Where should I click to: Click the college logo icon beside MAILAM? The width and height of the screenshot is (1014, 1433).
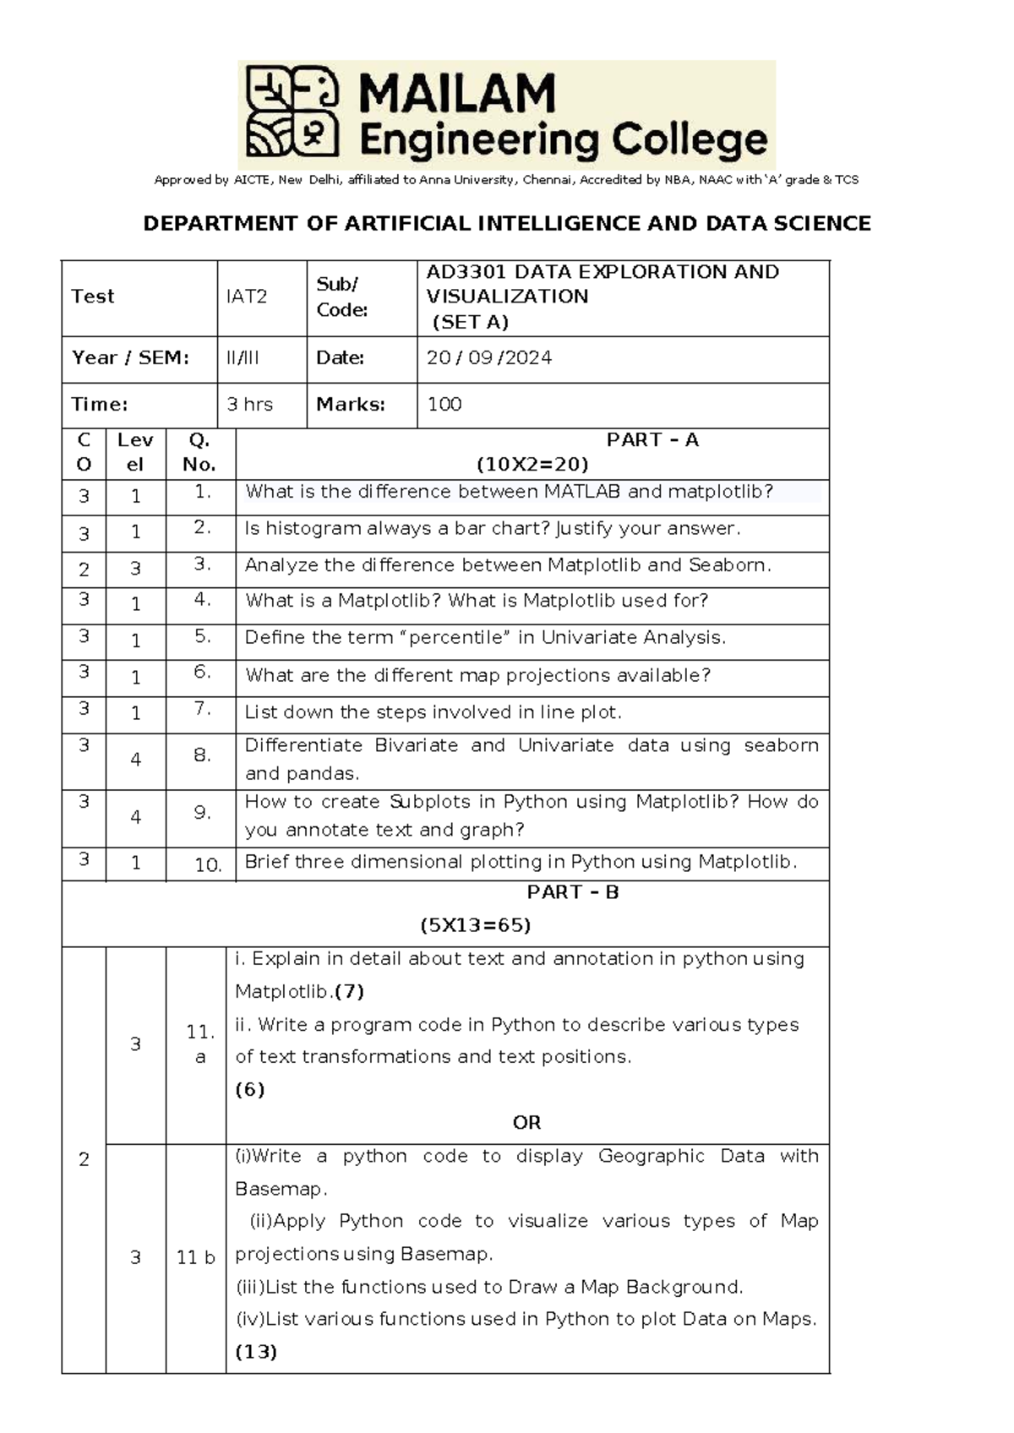292,112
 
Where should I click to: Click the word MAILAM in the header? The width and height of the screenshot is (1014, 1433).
457,93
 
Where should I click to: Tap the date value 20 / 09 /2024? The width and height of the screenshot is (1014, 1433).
488,358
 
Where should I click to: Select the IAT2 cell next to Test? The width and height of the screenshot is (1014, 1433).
246,297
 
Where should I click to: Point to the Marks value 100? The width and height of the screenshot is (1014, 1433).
444,405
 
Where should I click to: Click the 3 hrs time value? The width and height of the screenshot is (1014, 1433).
249,405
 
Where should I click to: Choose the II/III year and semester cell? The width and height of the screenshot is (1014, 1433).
243,358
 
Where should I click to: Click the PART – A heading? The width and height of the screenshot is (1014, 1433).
652,440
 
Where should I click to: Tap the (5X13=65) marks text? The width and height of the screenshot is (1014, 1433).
475,925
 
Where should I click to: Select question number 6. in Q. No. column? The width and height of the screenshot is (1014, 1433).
201,672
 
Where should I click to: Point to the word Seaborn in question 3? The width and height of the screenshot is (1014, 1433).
728,565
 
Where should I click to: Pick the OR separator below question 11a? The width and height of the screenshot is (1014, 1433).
526,1123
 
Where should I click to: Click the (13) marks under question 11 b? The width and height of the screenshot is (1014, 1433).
256,1352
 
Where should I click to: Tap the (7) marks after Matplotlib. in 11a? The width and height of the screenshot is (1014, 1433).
350,991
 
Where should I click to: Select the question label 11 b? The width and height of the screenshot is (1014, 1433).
195,1258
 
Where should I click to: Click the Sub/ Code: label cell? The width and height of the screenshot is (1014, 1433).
341,297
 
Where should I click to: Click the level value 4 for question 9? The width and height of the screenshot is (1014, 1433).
135,817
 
